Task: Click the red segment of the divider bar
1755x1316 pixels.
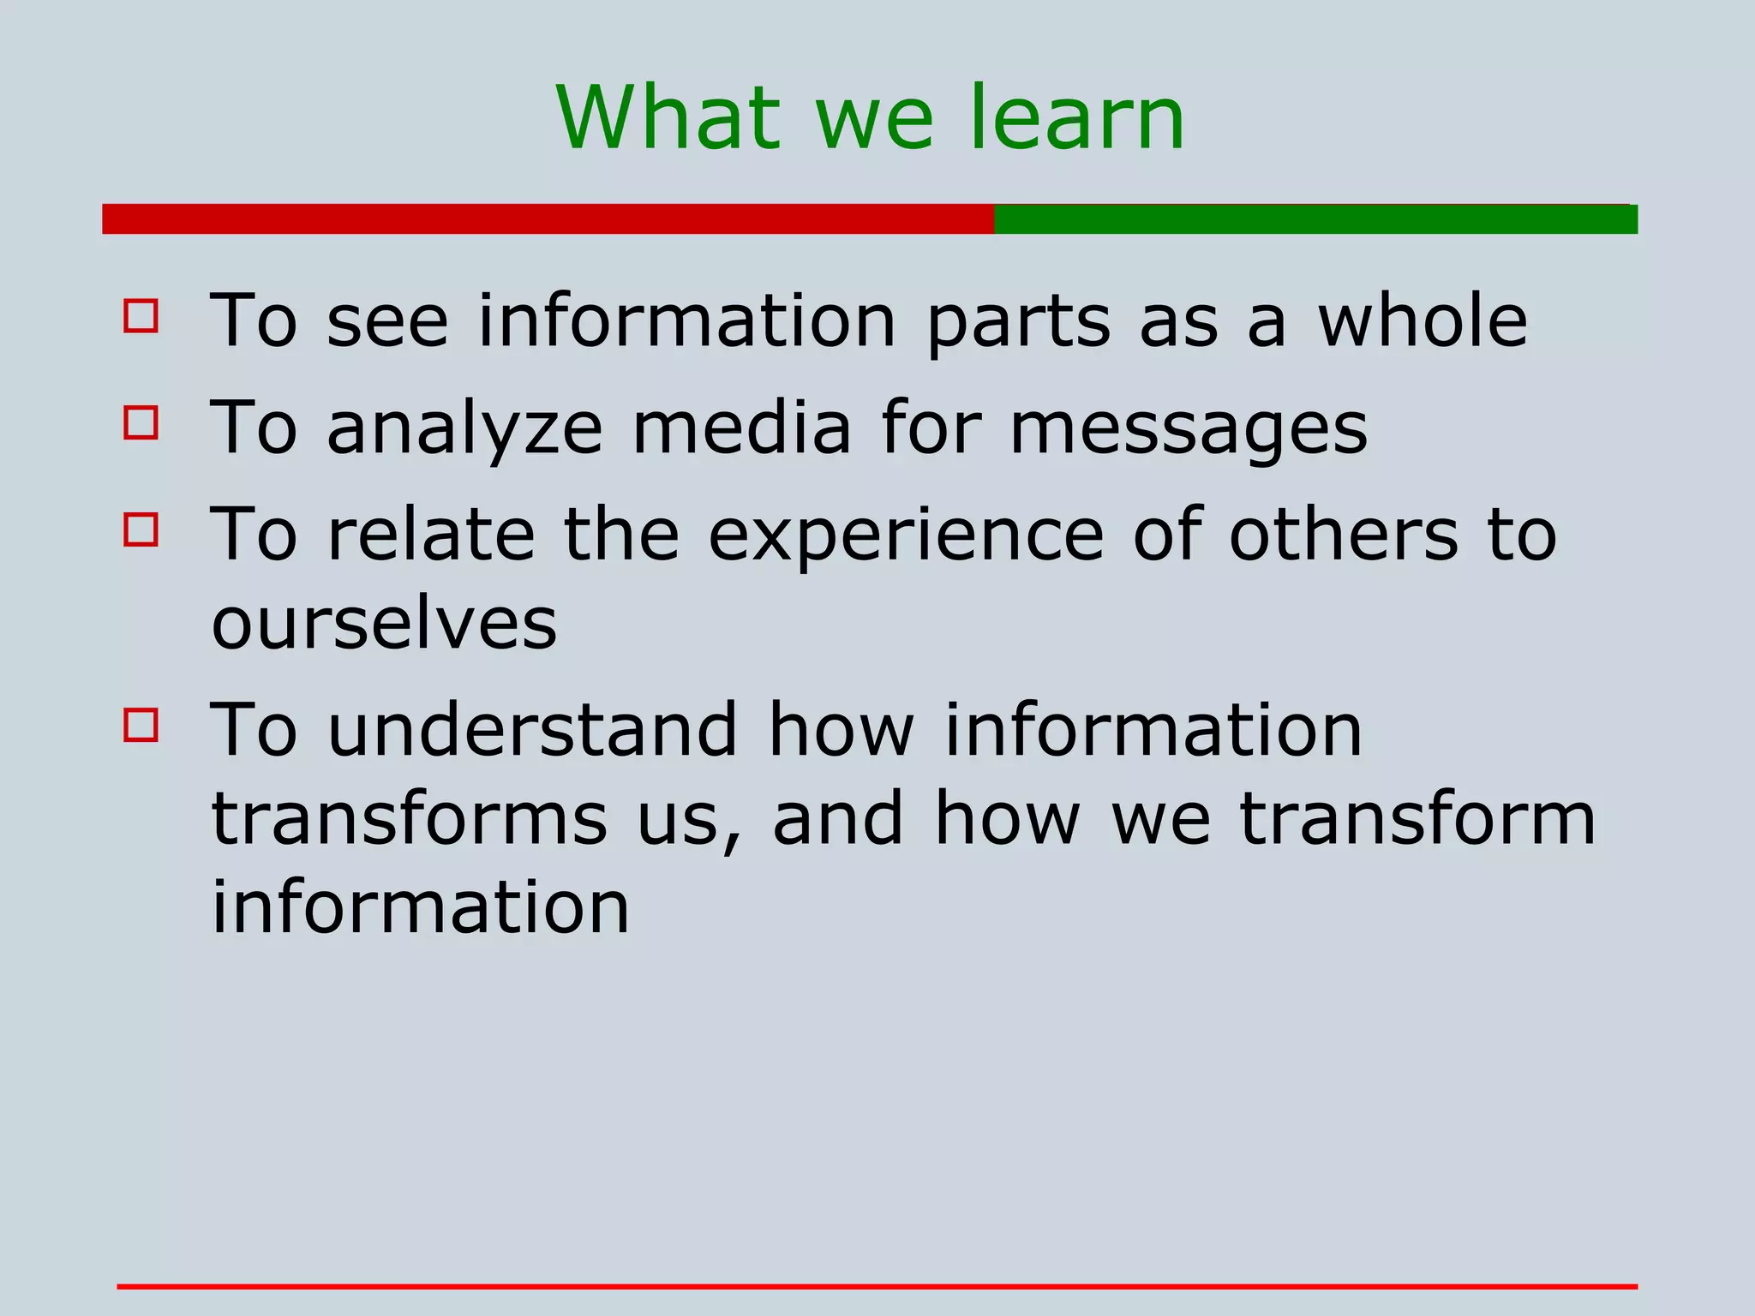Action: coord(548,218)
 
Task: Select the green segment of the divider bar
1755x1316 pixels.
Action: coord(1315,218)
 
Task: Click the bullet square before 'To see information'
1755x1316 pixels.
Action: coord(141,315)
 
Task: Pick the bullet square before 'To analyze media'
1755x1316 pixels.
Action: coord(141,422)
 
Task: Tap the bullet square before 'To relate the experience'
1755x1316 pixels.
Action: coord(141,529)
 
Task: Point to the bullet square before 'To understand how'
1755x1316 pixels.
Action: coord(141,724)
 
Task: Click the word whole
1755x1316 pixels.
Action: coord(1423,320)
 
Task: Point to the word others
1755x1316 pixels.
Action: coord(1343,535)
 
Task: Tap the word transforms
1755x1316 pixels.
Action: coord(410,819)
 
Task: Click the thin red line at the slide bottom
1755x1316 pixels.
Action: coord(877,1286)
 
